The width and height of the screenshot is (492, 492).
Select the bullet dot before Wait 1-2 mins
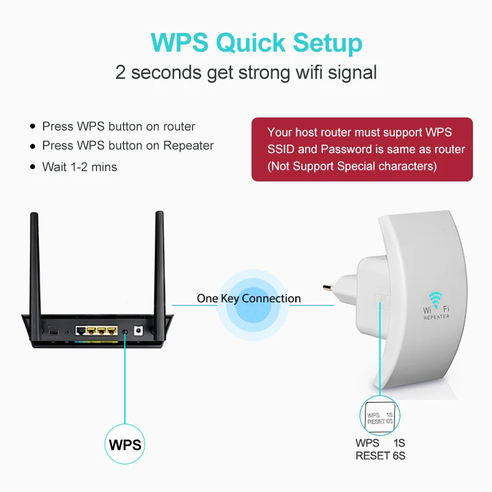[x=33, y=167]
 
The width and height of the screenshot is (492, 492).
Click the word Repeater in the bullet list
[x=188, y=146]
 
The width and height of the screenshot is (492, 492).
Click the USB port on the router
[x=54, y=331]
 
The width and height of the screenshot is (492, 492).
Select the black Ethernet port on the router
[x=81, y=330]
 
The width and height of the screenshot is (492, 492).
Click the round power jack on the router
[x=138, y=330]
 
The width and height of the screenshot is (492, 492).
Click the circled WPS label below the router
[x=125, y=445]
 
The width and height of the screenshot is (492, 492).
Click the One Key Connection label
[x=248, y=299]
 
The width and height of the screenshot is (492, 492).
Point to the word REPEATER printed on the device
[x=436, y=317]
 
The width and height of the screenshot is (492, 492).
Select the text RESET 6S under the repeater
[x=380, y=456]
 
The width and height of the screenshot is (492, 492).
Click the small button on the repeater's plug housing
[x=381, y=302]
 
